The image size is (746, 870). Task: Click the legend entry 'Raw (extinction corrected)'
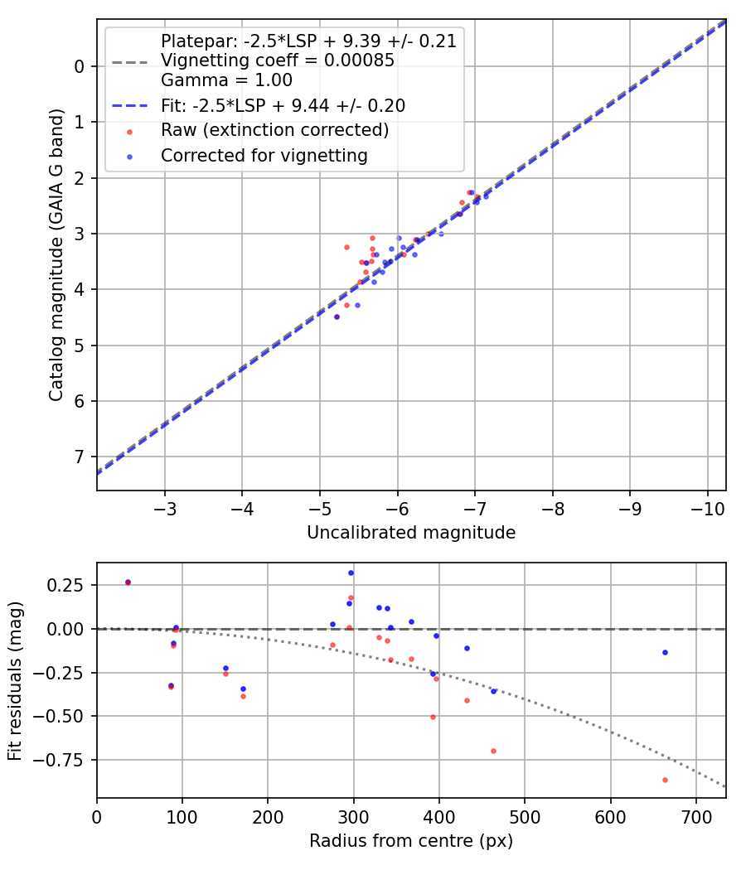pos(274,130)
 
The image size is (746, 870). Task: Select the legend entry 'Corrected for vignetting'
pos(264,155)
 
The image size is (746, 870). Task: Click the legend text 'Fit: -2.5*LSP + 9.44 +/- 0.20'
pos(283,106)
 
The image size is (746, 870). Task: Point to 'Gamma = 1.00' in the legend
pos(226,80)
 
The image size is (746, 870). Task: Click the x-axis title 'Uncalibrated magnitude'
pos(411,533)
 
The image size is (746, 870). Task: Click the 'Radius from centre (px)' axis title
pos(411,841)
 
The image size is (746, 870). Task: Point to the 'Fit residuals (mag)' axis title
pos(16,680)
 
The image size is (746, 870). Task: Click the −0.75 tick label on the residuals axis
pos(70,759)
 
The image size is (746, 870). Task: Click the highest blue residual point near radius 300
pos(351,573)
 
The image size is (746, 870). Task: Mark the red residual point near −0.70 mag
pos(493,751)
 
